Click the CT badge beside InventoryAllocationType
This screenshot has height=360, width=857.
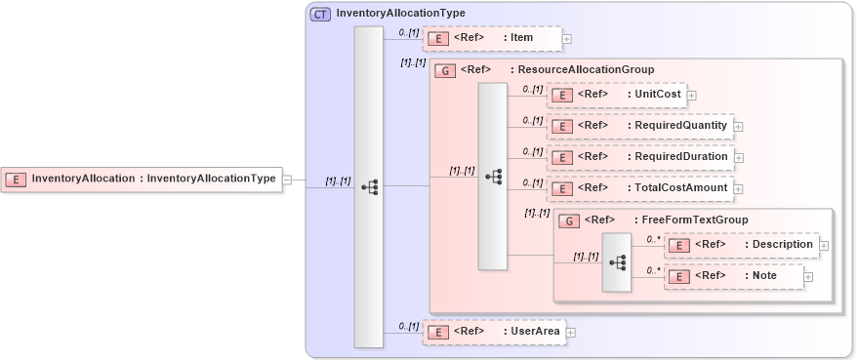pos(320,14)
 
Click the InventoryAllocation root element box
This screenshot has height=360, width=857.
pos(142,180)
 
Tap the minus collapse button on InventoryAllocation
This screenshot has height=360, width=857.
pos(286,180)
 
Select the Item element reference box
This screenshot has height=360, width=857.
pos(492,38)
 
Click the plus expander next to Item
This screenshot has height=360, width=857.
pos(566,39)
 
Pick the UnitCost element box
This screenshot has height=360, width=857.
pos(616,95)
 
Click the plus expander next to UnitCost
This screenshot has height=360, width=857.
pos(691,96)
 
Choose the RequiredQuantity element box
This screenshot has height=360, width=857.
pos(639,126)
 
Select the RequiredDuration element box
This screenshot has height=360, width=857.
pos(639,157)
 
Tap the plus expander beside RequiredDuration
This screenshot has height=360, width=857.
pos(739,158)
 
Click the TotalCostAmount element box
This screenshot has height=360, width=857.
pos(639,188)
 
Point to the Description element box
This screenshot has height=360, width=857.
pos(741,245)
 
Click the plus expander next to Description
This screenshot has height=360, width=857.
pos(824,246)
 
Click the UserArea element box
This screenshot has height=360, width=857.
pos(493,332)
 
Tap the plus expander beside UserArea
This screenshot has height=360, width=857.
pos(571,333)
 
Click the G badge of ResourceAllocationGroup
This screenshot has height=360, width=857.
pos(445,70)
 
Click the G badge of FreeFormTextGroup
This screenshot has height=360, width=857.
pos(569,220)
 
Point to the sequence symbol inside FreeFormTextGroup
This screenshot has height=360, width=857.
pos(617,261)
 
